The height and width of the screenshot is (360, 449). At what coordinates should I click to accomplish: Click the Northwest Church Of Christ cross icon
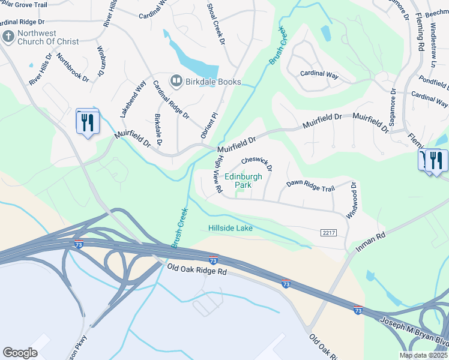(x=8, y=37)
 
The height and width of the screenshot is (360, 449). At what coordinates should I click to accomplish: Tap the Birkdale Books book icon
(x=176, y=82)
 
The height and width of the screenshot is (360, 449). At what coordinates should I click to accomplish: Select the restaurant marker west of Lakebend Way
(x=88, y=122)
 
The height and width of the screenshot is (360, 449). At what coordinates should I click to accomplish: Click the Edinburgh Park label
(x=243, y=181)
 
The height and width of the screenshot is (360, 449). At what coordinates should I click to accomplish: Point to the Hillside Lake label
(x=231, y=228)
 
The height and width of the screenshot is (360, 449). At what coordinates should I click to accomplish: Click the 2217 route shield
(x=328, y=233)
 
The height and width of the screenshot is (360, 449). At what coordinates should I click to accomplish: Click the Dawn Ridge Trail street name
(x=310, y=188)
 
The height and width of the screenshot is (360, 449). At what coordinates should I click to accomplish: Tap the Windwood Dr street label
(x=351, y=200)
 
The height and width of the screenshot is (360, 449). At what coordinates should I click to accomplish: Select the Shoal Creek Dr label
(x=216, y=23)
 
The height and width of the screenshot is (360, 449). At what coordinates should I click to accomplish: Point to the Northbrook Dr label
(x=73, y=67)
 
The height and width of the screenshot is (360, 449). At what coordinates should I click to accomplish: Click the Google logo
(x=20, y=353)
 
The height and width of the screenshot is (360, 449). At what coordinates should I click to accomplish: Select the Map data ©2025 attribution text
(x=423, y=355)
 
